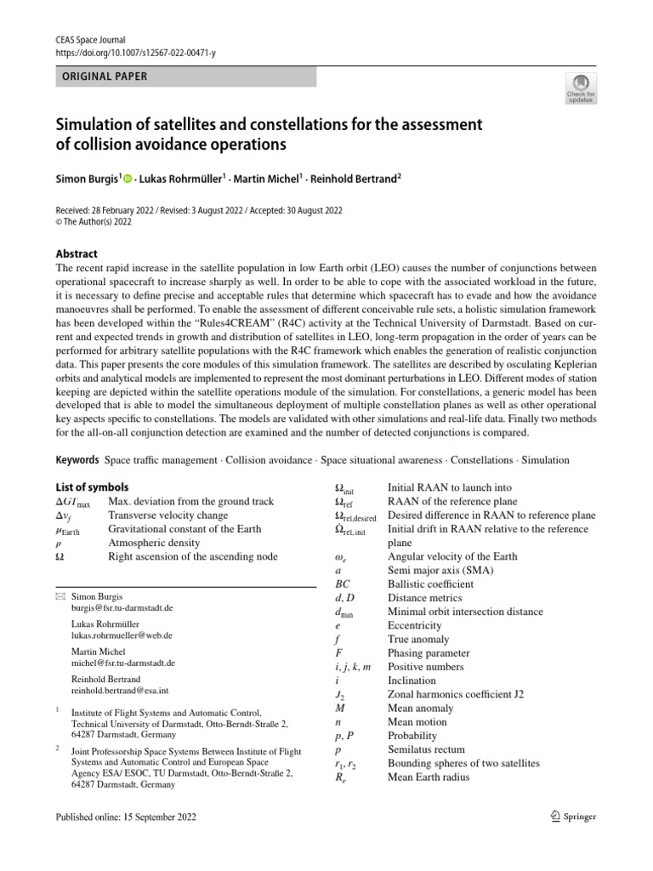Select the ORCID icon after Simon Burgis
pos(128,179)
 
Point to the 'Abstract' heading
pos(77,253)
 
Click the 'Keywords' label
pos(77,460)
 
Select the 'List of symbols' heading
pos(92,487)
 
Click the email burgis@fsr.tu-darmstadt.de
pos(122,609)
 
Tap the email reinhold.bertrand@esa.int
pos(121,691)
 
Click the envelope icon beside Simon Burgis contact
pos(60,597)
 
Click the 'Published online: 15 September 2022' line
pos(125,817)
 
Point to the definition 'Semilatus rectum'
pos(426,749)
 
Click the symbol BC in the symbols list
pos(343,584)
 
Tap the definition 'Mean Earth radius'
pos(429,777)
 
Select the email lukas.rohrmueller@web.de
pos(122,635)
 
